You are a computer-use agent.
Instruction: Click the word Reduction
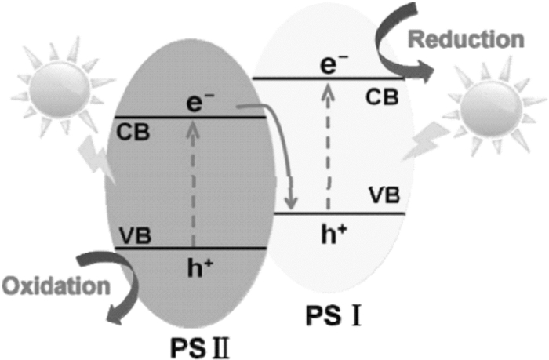480,38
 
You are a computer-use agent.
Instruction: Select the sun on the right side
484,115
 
